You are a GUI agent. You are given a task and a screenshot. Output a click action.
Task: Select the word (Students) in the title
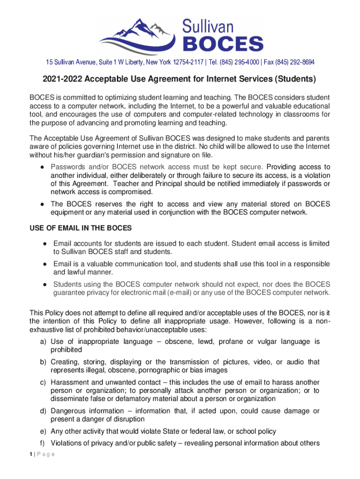pos(294,80)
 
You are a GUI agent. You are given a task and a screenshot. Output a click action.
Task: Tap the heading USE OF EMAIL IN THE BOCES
pos(81,228)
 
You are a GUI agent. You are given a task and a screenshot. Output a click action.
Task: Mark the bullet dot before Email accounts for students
pos(43,244)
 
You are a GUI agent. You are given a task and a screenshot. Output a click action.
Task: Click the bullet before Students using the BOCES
pos(43,284)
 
